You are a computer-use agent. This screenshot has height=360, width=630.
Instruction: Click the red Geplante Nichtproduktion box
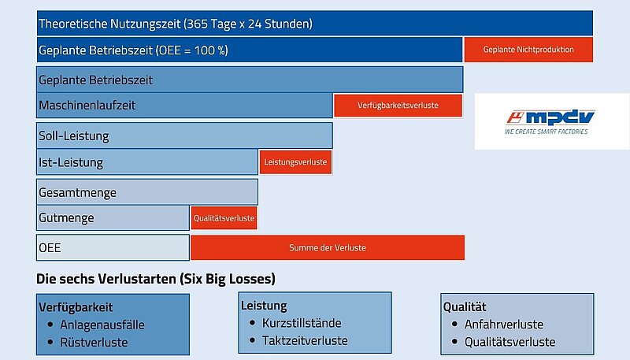(x=528, y=50)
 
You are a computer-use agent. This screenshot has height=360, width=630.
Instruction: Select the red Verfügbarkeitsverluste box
(x=398, y=106)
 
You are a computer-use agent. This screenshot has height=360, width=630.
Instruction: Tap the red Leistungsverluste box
(x=295, y=162)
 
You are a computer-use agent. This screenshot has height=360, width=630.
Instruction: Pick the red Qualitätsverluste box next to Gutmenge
(x=224, y=218)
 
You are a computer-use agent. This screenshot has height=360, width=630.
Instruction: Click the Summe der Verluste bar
(x=328, y=247)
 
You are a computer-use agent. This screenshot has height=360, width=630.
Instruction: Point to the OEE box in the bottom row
(x=113, y=247)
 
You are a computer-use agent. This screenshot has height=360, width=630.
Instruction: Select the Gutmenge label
(x=66, y=217)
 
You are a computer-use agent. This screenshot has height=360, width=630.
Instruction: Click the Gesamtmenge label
(x=77, y=192)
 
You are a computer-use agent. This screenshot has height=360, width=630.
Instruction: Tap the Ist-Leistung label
(x=71, y=162)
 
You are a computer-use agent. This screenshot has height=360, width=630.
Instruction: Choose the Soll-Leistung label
(x=73, y=135)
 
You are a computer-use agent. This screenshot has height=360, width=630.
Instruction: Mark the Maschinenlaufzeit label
(x=87, y=106)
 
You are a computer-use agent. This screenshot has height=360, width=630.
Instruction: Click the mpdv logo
(x=550, y=117)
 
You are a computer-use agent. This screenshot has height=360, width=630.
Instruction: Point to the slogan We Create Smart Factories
(x=547, y=132)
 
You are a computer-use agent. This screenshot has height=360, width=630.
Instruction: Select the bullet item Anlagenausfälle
(x=102, y=325)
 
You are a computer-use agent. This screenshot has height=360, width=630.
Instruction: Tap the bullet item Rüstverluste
(x=94, y=343)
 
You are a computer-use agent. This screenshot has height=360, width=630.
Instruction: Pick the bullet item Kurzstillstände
(x=302, y=323)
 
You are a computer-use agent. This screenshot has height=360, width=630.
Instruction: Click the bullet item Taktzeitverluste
(x=305, y=341)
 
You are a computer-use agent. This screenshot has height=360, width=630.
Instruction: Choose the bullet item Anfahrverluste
(x=504, y=325)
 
